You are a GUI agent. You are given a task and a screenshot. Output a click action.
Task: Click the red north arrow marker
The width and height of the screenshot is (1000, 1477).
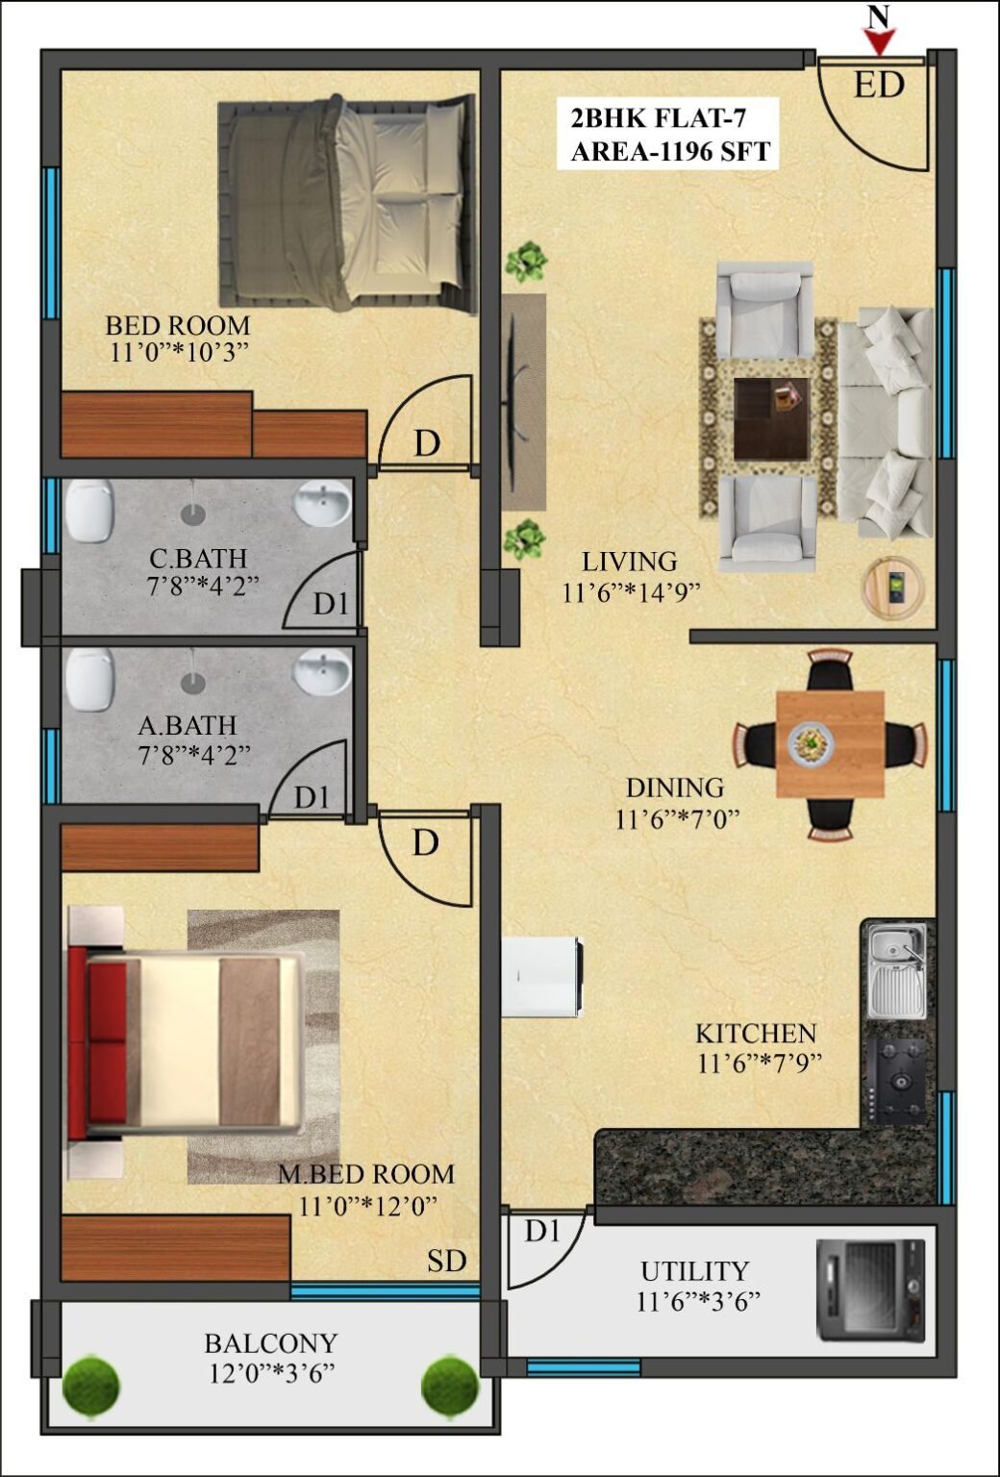click(x=880, y=43)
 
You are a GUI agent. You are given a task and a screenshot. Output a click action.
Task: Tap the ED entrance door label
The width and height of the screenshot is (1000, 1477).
click(x=879, y=85)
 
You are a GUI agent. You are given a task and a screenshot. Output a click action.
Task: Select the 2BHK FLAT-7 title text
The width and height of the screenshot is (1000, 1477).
click(x=659, y=118)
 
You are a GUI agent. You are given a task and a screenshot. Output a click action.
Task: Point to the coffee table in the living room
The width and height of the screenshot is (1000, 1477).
click(x=771, y=418)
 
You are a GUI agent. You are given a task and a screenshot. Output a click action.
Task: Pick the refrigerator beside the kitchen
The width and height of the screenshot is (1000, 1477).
click(x=542, y=976)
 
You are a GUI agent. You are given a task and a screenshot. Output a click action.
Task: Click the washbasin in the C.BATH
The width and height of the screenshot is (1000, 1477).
click(x=322, y=502)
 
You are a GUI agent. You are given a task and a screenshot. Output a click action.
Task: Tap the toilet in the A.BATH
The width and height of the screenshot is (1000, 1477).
click(x=89, y=680)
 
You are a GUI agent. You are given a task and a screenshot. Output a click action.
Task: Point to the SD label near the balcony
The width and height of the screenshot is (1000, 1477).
click(x=446, y=1260)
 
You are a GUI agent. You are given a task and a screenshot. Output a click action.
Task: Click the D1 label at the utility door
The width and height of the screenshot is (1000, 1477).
click(x=542, y=1231)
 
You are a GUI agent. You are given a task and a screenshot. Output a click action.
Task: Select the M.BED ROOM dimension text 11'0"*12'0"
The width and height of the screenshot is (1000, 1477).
click(x=368, y=1206)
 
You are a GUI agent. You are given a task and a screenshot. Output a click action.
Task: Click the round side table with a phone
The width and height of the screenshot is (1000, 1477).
click(x=893, y=588)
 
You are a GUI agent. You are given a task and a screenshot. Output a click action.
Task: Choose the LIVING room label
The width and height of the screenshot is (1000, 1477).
click(x=630, y=562)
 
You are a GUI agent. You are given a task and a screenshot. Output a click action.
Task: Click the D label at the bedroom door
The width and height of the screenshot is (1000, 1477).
click(x=427, y=443)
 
